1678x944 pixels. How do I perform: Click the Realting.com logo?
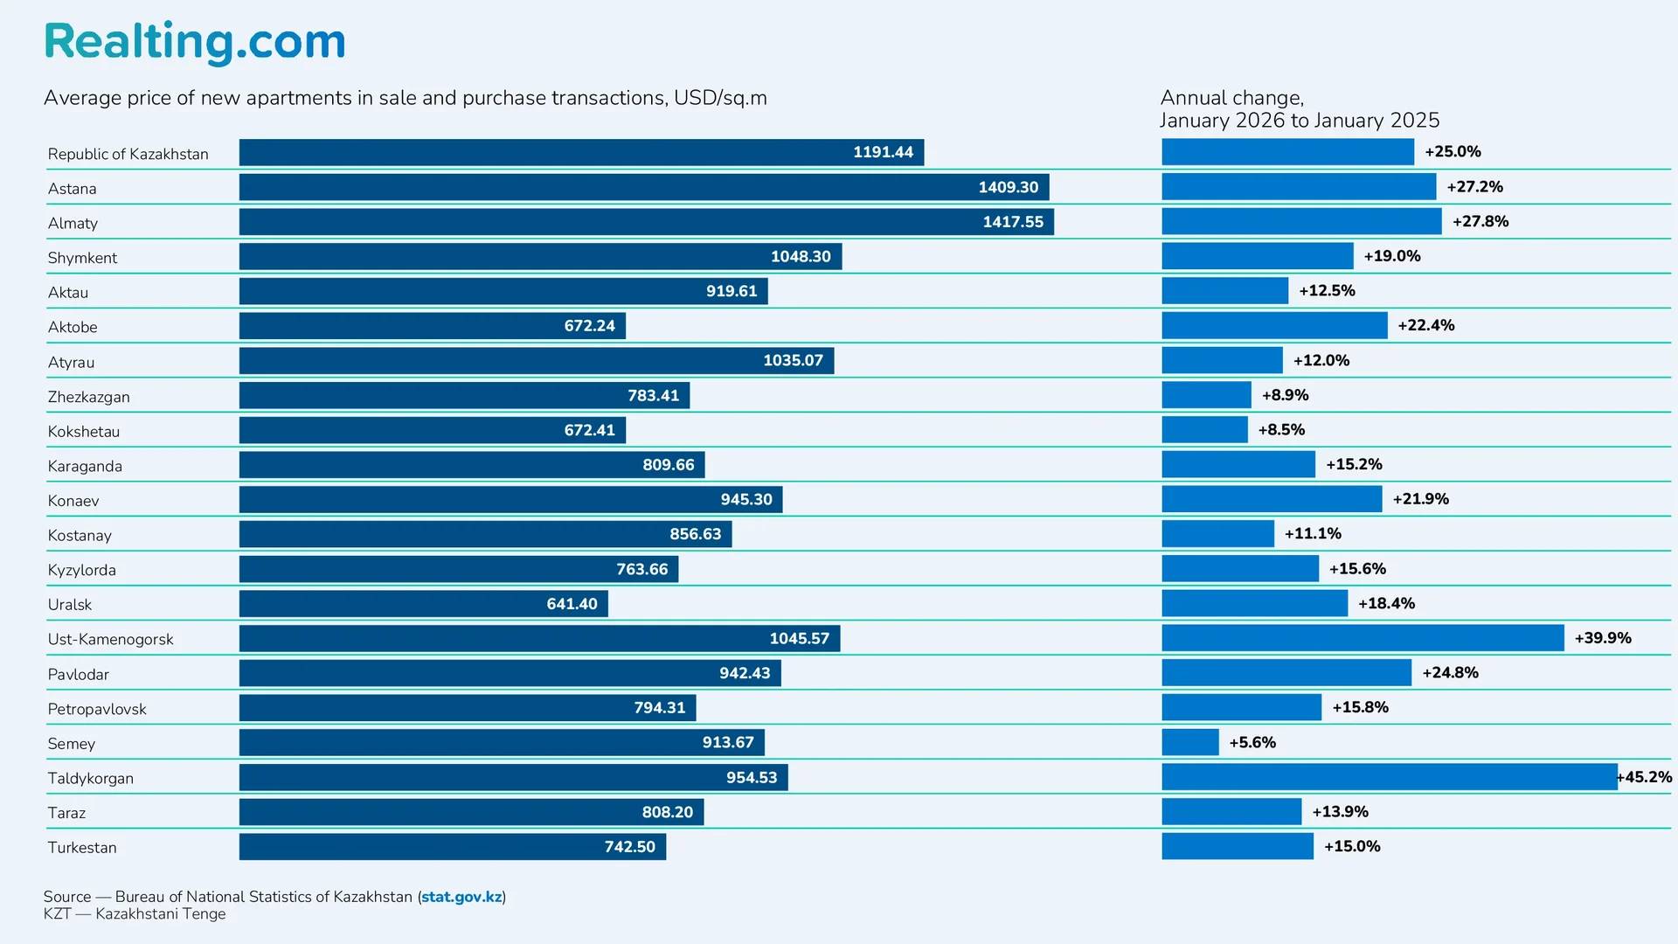point(195,42)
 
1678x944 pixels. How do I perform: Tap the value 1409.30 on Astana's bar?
point(1008,187)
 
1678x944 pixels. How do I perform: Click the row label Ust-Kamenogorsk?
point(111,639)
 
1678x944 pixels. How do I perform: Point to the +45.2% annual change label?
point(1645,777)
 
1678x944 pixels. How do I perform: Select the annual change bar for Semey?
point(1189,742)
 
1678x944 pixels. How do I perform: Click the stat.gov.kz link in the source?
point(461,897)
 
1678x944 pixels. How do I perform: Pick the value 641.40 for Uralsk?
point(572,604)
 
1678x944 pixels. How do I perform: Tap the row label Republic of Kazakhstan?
point(128,154)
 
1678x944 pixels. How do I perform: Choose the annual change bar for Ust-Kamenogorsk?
point(1362,638)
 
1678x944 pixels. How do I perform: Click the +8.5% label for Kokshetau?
point(1281,430)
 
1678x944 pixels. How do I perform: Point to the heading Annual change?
point(1231,98)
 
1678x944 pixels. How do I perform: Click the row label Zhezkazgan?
point(89,397)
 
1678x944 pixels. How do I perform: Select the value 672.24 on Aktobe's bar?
point(589,326)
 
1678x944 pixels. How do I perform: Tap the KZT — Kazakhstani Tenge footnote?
point(135,914)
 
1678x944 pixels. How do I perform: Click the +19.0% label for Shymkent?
point(1392,256)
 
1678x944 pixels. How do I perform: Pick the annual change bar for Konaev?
point(1271,499)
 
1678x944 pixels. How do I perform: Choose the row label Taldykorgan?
point(91,778)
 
